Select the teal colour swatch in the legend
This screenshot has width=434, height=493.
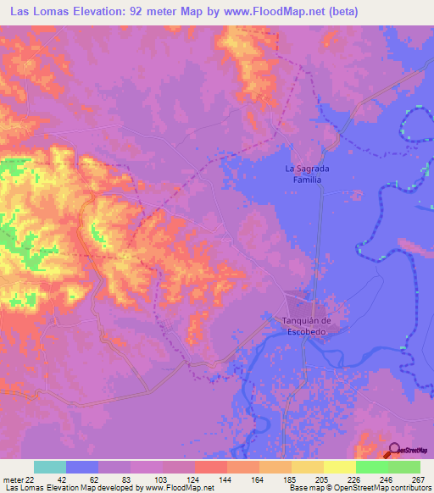[x=50, y=466]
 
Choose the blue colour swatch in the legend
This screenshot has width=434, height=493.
[x=82, y=466]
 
